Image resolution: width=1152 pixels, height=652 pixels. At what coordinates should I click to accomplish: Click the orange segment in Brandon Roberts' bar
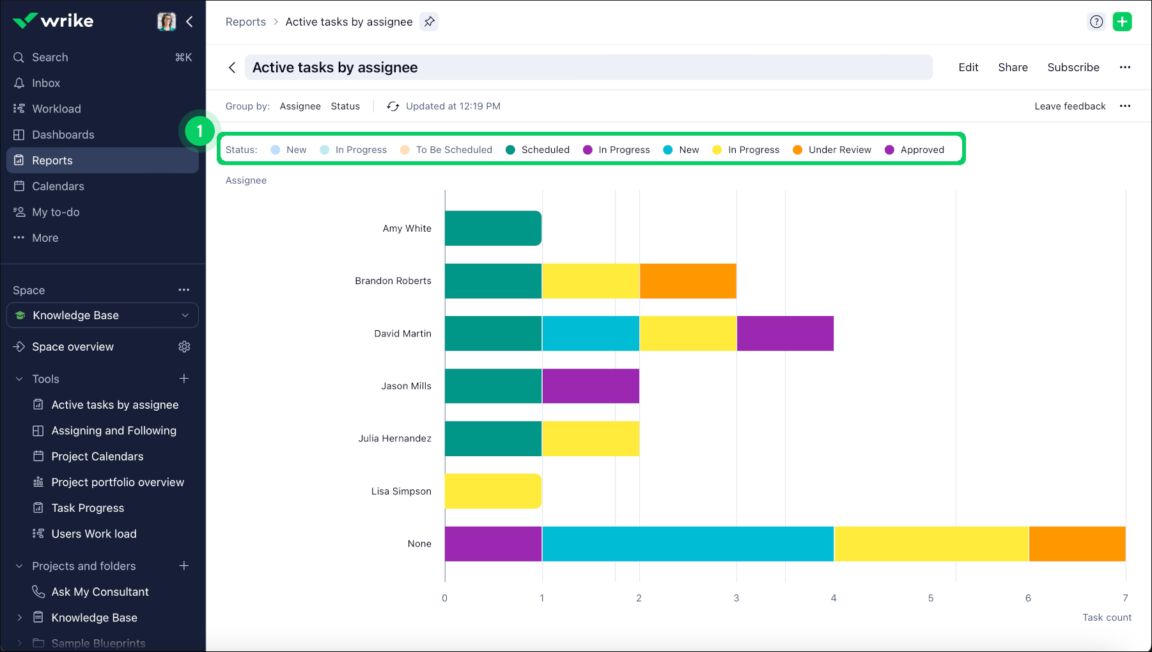coord(688,281)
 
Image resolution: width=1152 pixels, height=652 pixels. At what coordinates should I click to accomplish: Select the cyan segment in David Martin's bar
coord(591,333)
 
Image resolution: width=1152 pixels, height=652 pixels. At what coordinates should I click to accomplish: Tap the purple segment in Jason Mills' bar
coord(591,386)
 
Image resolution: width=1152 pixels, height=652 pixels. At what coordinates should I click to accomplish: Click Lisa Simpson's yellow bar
coord(493,491)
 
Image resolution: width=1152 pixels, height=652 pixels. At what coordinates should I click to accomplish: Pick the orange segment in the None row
coord(1077,544)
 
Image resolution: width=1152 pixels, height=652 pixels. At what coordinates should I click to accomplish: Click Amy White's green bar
coord(493,228)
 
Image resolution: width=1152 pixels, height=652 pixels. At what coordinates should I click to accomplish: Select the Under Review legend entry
coord(839,150)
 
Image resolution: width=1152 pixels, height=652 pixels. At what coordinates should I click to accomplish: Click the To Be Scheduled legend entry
coord(453,150)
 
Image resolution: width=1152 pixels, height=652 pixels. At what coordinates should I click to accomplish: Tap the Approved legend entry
coord(921,150)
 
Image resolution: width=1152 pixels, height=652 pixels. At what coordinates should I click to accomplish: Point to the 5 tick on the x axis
coord(931,598)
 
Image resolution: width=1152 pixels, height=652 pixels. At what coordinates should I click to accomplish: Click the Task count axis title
coord(1107,617)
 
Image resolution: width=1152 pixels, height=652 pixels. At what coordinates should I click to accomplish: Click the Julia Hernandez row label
coord(394,438)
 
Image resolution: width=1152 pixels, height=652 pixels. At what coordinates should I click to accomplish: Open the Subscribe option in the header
coord(1073,67)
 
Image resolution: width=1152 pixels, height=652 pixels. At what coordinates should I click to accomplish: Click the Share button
coord(1013,67)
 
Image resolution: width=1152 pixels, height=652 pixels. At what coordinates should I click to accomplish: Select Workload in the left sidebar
coord(56,109)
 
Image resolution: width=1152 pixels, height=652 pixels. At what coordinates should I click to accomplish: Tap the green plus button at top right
coord(1122,22)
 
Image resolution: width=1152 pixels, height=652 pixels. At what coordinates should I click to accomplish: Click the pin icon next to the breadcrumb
coord(430,22)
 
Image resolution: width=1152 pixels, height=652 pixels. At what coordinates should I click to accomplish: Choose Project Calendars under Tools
coord(97,456)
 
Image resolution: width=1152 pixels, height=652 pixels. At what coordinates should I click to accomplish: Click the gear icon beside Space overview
coord(184,347)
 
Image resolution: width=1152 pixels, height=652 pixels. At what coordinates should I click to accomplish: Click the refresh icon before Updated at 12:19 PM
coord(393,106)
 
